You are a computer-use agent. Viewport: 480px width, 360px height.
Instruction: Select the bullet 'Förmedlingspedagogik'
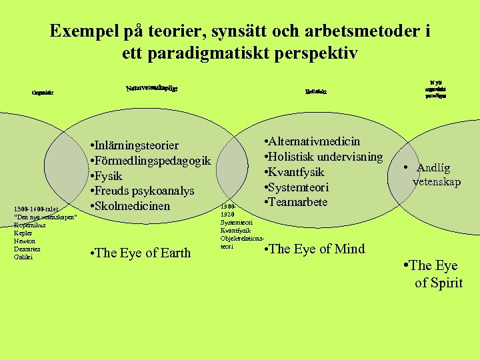pyautogui.click(x=150, y=161)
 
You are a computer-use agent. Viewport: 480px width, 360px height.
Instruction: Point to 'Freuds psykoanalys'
pyautogui.click(x=141, y=191)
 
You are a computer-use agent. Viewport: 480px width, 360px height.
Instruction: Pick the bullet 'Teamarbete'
pyautogui.click(x=296, y=202)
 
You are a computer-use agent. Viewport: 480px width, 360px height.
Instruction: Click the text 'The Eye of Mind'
pyautogui.click(x=315, y=249)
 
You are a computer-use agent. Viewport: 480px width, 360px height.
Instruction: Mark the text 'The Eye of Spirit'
pyautogui.click(x=435, y=274)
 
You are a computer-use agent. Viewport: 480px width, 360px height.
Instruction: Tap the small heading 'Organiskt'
pyautogui.click(x=42, y=93)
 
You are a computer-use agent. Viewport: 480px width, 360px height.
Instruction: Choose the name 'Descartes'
pyautogui.click(x=27, y=249)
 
